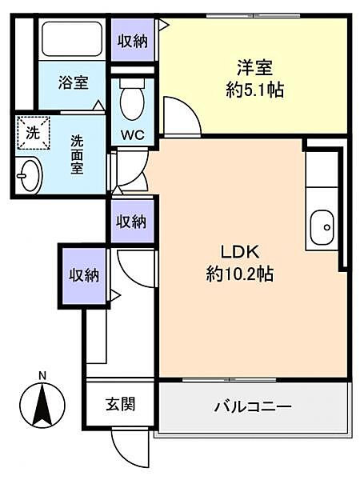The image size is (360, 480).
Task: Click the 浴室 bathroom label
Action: (x=73, y=82)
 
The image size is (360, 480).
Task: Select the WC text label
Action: (x=133, y=134)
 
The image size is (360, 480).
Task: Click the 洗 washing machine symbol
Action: (x=32, y=134)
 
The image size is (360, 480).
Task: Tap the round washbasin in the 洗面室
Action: (x=30, y=174)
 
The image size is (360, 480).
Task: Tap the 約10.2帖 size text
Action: (x=239, y=274)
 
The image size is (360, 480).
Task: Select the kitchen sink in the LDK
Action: (x=324, y=226)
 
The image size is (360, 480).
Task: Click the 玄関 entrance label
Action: (x=120, y=403)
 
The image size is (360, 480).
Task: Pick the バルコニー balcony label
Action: (x=252, y=406)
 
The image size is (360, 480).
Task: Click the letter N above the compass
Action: (x=42, y=374)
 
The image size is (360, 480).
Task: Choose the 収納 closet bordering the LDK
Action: (x=133, y=219)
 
